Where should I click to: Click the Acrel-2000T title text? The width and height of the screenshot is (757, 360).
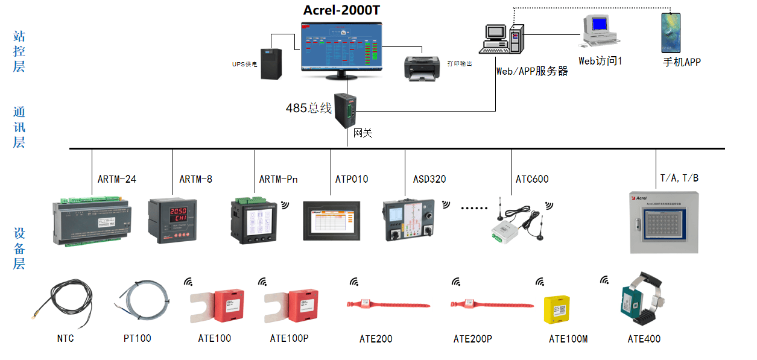341,10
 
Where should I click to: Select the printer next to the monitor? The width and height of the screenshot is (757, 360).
422,66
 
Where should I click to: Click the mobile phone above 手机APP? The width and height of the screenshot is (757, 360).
670,33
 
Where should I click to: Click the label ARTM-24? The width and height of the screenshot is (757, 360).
117,179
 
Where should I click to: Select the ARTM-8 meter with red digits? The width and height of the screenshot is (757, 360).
168,221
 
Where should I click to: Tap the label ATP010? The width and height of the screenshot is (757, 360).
352,179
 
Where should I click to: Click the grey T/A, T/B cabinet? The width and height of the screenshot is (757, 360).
665,223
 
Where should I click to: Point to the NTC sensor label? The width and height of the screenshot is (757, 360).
66,338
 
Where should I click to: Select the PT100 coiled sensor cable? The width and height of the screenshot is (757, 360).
142,298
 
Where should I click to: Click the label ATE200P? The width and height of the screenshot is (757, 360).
473,339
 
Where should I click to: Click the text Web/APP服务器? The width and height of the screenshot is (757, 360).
532,71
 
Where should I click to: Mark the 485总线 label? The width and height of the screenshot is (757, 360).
309,109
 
